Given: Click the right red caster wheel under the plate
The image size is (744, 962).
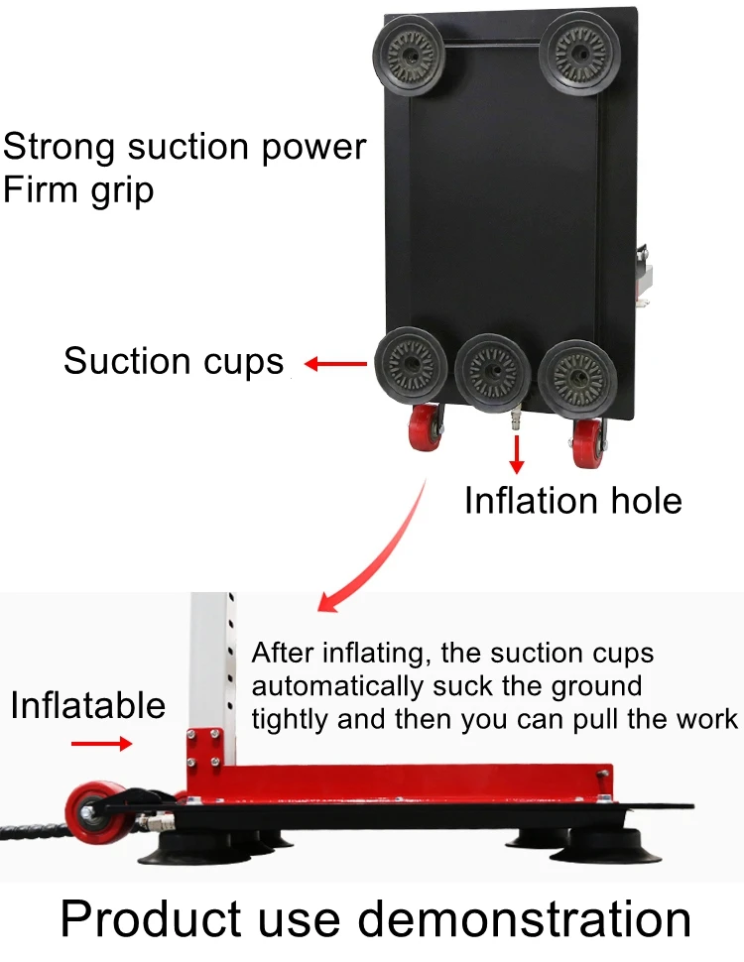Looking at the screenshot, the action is (x=586, y=442).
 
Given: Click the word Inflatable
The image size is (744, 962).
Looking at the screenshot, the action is (x=87, y=705).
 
